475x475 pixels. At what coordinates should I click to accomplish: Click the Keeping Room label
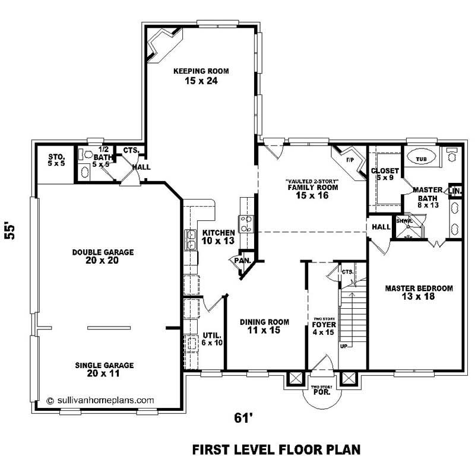tap(201, 75)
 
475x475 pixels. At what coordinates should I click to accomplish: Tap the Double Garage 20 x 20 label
tap(103, 256)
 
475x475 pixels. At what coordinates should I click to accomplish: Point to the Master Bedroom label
tap(419, 292)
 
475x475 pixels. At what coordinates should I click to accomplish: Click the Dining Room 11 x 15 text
tap(264, 326)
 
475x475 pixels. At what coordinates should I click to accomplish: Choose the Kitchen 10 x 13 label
tap(218, 236)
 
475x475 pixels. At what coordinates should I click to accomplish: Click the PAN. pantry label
tap(242, 260)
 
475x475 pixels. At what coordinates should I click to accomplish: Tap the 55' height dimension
tap(10, 230)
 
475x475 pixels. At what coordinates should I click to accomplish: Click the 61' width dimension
tap(240, 419)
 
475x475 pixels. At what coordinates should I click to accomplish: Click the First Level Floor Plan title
tap(276, 449)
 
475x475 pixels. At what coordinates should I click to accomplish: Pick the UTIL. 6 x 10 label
tap(212, 338)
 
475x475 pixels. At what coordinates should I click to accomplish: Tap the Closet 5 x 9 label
tap(385, 175)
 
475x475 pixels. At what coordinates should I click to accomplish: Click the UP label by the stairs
tap(344, 345)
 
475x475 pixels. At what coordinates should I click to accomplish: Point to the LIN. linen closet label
tap(455, 191)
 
